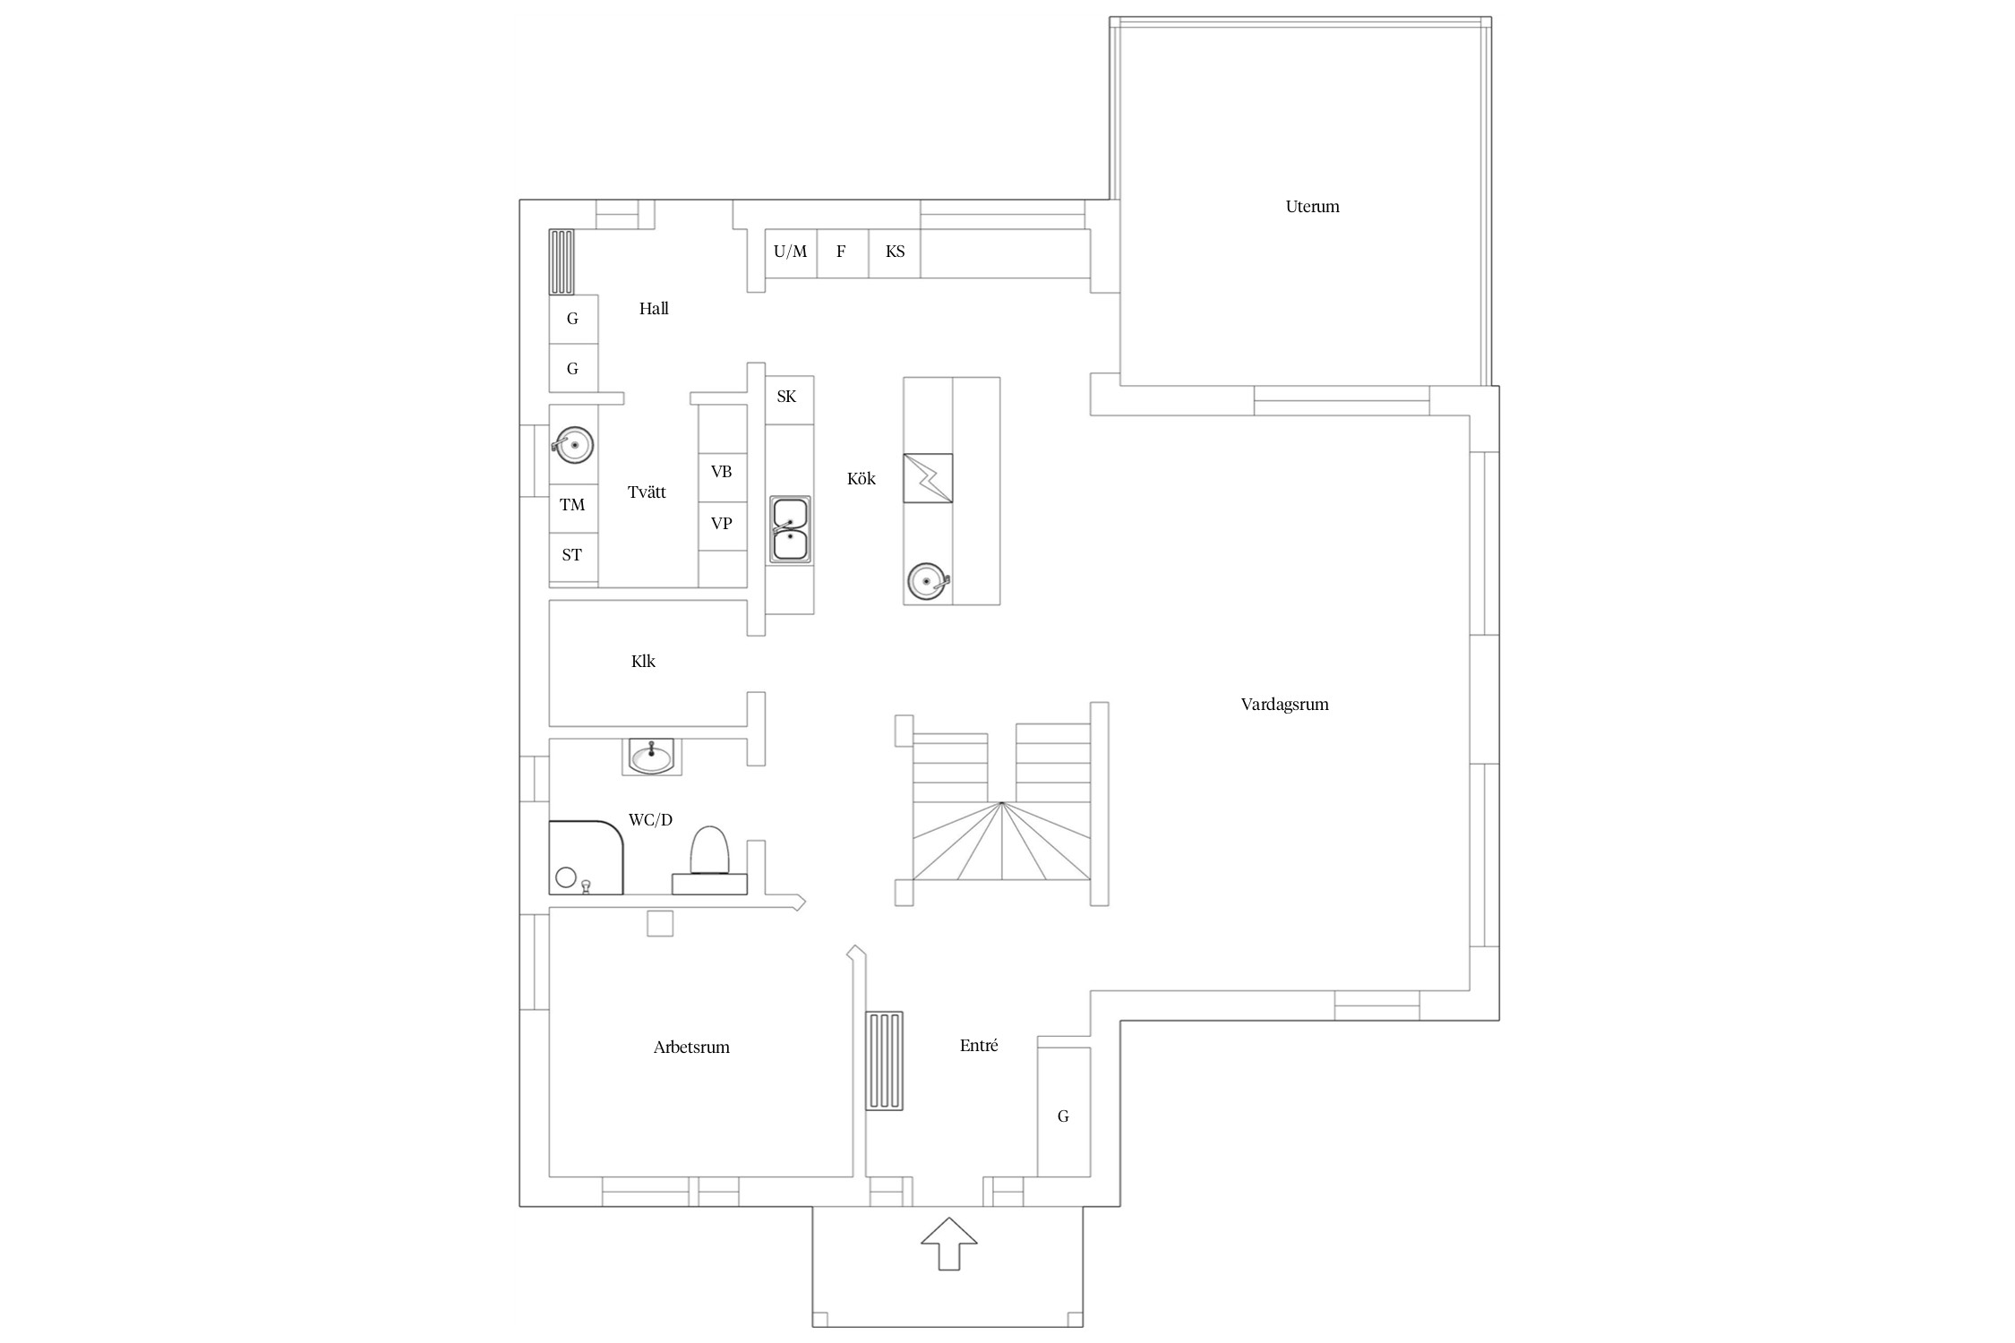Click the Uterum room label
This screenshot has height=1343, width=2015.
[x=1312, y=207]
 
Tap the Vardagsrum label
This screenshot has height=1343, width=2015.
[x=1284, y=705]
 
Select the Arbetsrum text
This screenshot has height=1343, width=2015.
[x=691, y=1048]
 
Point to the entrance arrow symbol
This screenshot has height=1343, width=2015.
[x=948, y=1243]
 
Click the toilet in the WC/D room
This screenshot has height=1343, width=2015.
[x=710, y=860]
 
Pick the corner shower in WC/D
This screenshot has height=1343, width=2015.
[x=586, y=858]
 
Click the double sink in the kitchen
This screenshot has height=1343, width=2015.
[x=790, y=530]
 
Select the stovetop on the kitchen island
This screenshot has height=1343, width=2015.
[x=928, y=478]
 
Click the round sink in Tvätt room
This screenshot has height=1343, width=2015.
[x=573, y=444]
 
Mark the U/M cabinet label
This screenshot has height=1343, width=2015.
[x=790, y=252]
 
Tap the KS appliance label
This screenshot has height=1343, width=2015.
[x=895, y=252]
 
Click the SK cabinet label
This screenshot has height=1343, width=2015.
[x=786, y=397]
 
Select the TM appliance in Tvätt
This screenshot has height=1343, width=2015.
[x=573, y=505]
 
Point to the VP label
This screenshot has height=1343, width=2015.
[x=721, y=524]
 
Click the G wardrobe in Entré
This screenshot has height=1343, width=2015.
[x=1064, y=1111]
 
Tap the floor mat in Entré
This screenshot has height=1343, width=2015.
[x=884, y=1061]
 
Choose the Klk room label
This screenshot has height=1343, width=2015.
[x=643, y=662]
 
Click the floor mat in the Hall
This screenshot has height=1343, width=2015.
[x=562, y=261]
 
